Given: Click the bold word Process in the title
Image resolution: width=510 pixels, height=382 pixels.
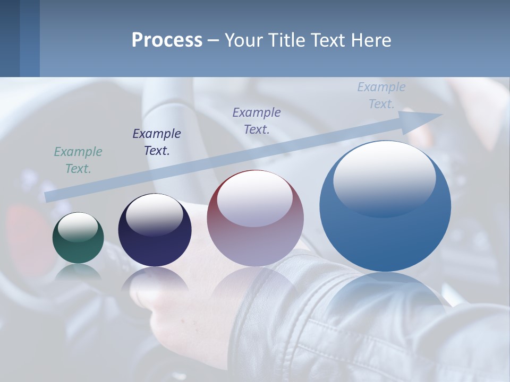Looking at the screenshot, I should (x=167, y=40).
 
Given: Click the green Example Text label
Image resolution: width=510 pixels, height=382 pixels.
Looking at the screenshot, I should (x=78, y=160).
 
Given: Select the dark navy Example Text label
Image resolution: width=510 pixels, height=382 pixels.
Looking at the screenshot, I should (x=157, y=142).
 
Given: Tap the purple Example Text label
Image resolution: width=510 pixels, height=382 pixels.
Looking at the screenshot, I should (x=257, y=120).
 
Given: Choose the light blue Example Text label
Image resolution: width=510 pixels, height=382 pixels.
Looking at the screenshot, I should (x=381, y=95).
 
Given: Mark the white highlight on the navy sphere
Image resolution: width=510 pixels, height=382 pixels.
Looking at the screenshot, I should (x=155, y=215).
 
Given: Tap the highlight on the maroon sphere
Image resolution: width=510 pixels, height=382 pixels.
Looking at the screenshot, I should (x=255, y=199).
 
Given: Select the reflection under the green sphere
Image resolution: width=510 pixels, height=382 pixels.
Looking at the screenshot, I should (x=78, y=272).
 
